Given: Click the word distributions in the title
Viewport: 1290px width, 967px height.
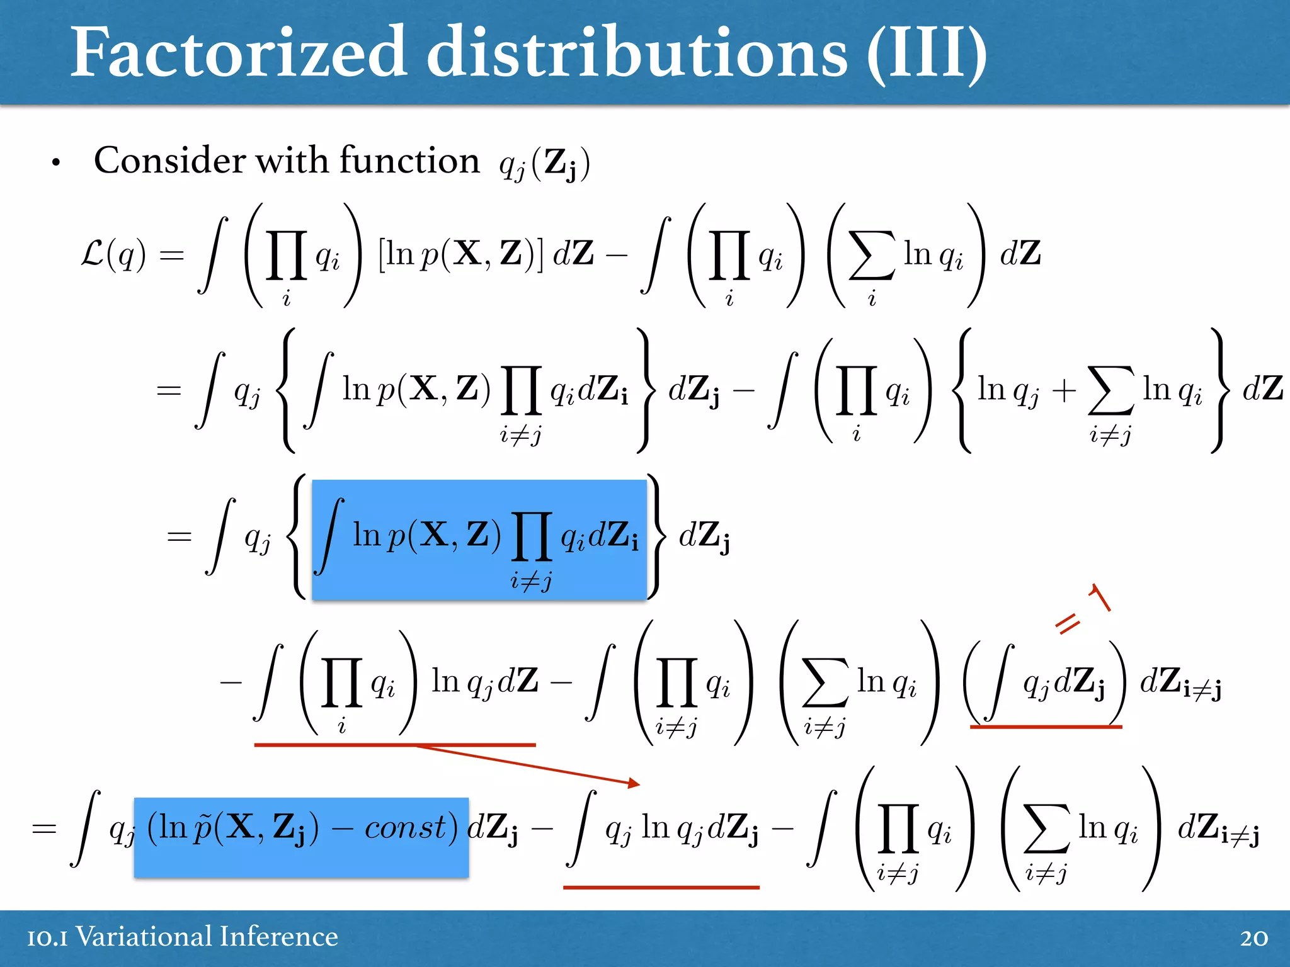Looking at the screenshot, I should coord(636,53).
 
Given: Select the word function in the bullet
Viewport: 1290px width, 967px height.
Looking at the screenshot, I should coord(409,161).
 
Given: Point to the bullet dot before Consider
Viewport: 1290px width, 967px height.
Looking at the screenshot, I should coord(56,163).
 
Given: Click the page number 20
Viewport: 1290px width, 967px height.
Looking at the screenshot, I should coord(1253,938).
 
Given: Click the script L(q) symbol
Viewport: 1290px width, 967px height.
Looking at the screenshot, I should coord(113,255).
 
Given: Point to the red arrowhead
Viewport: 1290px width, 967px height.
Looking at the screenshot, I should coord(634,783).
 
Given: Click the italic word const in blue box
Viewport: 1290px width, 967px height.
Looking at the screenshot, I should coord(406,827).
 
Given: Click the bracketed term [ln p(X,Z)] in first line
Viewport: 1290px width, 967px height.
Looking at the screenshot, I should coord(460,254).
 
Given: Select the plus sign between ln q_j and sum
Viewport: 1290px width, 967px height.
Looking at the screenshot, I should coord(1064,390).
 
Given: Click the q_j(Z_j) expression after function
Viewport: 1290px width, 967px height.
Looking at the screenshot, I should coord(544,164).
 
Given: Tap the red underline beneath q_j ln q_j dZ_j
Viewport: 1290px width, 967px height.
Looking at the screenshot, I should coord(661,887).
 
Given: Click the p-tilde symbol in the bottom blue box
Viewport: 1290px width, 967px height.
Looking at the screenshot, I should coord(202,827).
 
